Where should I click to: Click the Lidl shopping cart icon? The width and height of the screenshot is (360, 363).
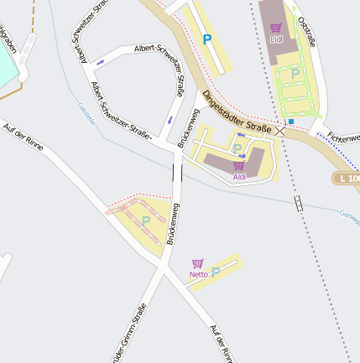coord(276,28)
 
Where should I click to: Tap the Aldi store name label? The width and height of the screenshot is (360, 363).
coord(239,177)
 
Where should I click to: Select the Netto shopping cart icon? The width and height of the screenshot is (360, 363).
coord(198,263)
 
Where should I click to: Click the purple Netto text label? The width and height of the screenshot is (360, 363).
coord(198,274)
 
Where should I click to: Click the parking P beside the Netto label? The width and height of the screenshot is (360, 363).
coord(216,272)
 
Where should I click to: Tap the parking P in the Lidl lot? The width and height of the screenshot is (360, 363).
coord(295,74)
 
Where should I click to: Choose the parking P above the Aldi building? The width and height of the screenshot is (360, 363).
coord(237,149)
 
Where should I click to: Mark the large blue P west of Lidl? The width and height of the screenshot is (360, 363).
coord(207,39)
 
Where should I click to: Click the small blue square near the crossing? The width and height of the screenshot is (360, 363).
coord(291,121)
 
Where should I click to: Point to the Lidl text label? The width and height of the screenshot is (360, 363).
coord(276,39)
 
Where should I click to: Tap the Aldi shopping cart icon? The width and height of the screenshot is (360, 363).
coord(239,166)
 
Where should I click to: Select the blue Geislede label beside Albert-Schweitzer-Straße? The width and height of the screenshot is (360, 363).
coord(86,112)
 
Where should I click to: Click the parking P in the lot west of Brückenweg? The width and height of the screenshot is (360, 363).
coord(146,220)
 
